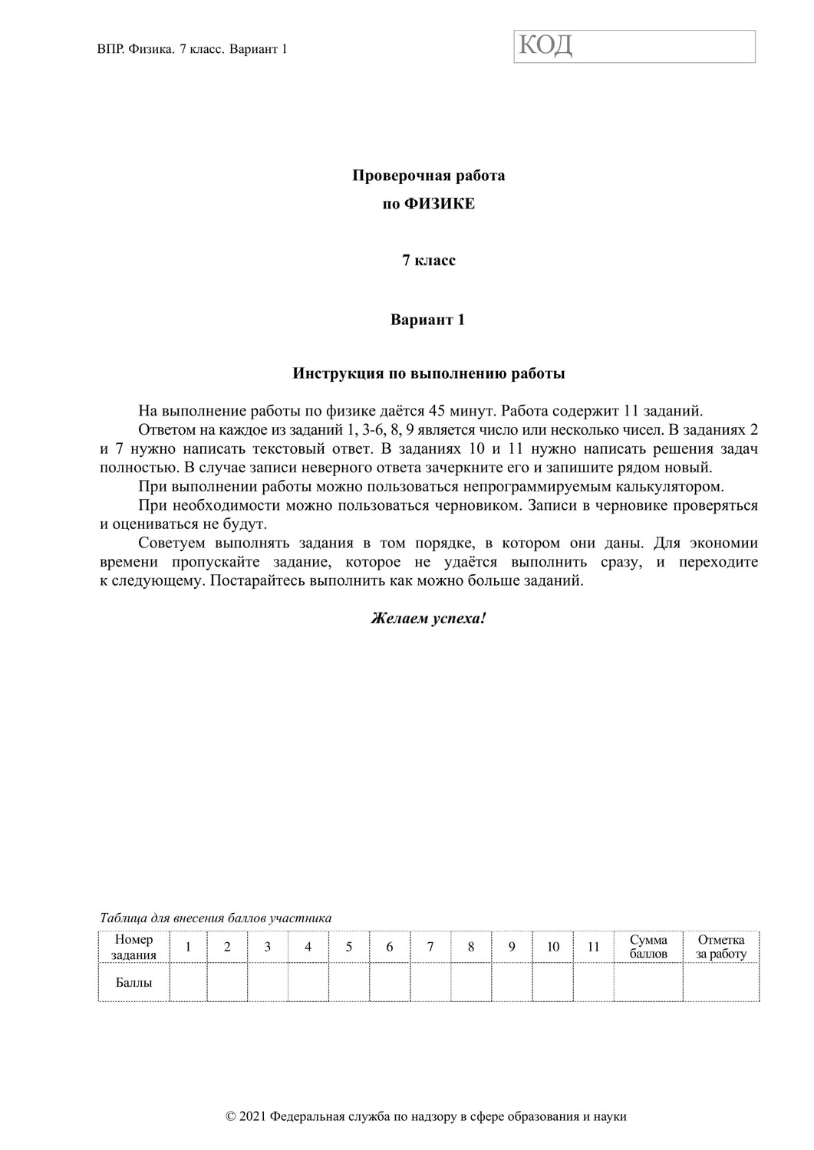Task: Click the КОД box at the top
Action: coord(634,46)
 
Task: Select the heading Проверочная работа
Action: coord(428,176)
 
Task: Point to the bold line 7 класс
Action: coord(428,261)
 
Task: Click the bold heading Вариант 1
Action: coord(427,320)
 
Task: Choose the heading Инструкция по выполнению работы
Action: coord(428,374)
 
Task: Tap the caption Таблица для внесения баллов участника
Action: coord(216,918)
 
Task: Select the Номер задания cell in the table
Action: coord(133,947)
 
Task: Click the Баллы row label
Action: coord(133,982)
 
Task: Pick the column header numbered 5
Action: coord(348,947)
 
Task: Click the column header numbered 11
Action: coord(593,947)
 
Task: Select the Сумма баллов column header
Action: coord(648,947)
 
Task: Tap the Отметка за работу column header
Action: coord(721,947)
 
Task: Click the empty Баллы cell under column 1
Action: coord(188,982)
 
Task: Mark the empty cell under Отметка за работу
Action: coord(721,982)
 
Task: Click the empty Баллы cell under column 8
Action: coord(471,982)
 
